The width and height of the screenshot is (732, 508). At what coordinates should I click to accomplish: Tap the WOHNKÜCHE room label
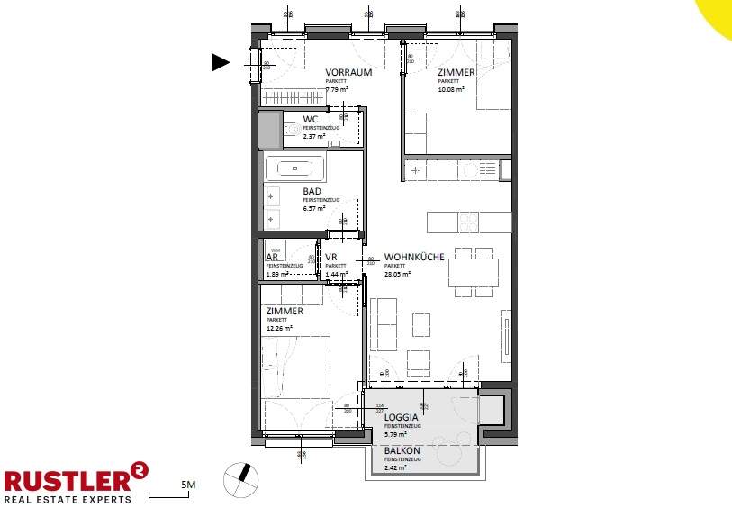[x=413, y=257]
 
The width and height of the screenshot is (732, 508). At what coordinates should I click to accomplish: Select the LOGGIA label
[x=401, y=418]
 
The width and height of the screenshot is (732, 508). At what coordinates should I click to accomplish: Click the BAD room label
[x=312, y=192]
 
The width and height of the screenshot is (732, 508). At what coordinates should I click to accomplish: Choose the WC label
[x=310, y=120]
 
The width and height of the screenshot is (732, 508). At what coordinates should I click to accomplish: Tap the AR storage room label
[x=270, y=258]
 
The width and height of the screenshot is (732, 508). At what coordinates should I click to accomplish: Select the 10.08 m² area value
[x=450, y=90]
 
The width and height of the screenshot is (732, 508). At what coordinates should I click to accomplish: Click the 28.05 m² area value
[x=396, y=275]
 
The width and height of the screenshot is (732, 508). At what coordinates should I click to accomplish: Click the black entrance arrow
[x=221, y=62]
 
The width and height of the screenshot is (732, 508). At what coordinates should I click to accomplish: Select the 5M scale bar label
[x=188, y=486]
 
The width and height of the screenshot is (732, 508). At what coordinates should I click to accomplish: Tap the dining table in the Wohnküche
[x=474, y=271]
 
